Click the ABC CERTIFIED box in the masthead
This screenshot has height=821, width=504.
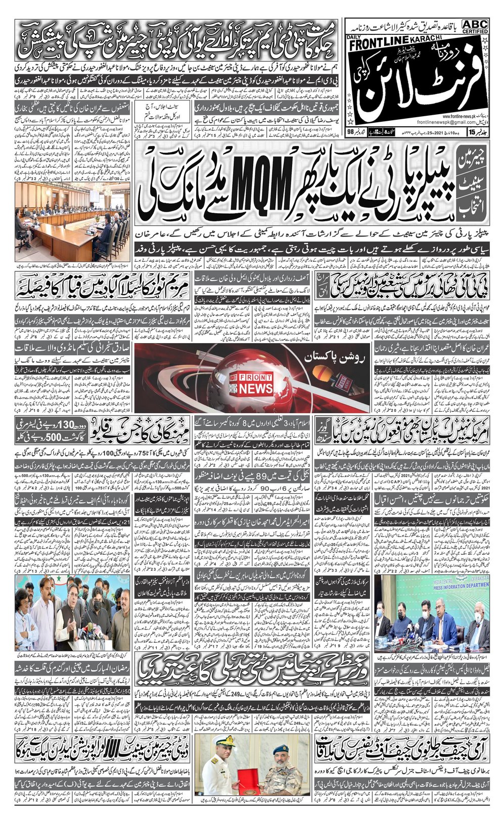point(475,26)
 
